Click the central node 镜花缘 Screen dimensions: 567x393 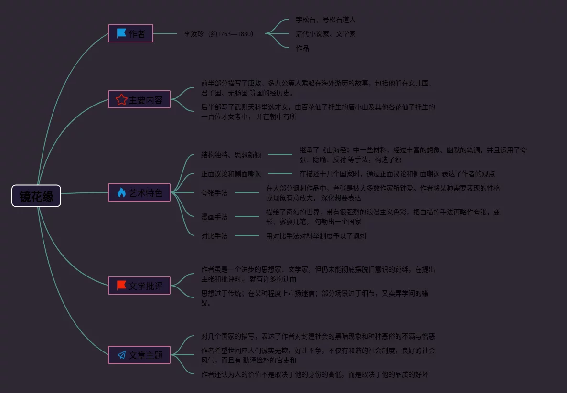[x=36, y=196]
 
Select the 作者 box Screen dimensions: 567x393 [x=130, y=33]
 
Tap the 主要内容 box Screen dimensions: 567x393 [x=139, y=99]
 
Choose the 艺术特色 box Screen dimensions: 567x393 [x=139, y=192]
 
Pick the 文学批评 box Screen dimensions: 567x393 [x=139, y=286]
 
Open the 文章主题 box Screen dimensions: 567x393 [x=139, y=355]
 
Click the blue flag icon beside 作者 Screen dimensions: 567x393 [x=121, y=33]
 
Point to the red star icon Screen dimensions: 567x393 [x=121, y=99]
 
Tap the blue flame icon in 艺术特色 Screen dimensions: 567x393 [x=121, y=192]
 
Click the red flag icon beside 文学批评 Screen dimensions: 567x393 [x=121, y=286]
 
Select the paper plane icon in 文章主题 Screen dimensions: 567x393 [x=121, y=355]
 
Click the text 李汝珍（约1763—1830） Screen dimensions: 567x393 [x=218, y=34]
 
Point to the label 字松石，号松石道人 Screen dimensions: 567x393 [x=325, y=20]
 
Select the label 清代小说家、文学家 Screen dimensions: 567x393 [x=325, y=34]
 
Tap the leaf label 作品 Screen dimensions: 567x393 [x=302, y=48]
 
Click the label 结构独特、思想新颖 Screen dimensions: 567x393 [x=231, y=155]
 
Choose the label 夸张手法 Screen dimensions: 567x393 [x=214, y=193]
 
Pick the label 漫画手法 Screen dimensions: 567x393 [x=214, y=217]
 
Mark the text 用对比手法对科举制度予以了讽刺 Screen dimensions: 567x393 [x=316, y=236]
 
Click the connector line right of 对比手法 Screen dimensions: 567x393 [x=247, y=235]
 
